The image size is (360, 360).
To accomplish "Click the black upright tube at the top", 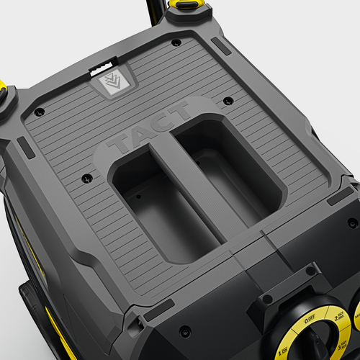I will click(x=152, y=10).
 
